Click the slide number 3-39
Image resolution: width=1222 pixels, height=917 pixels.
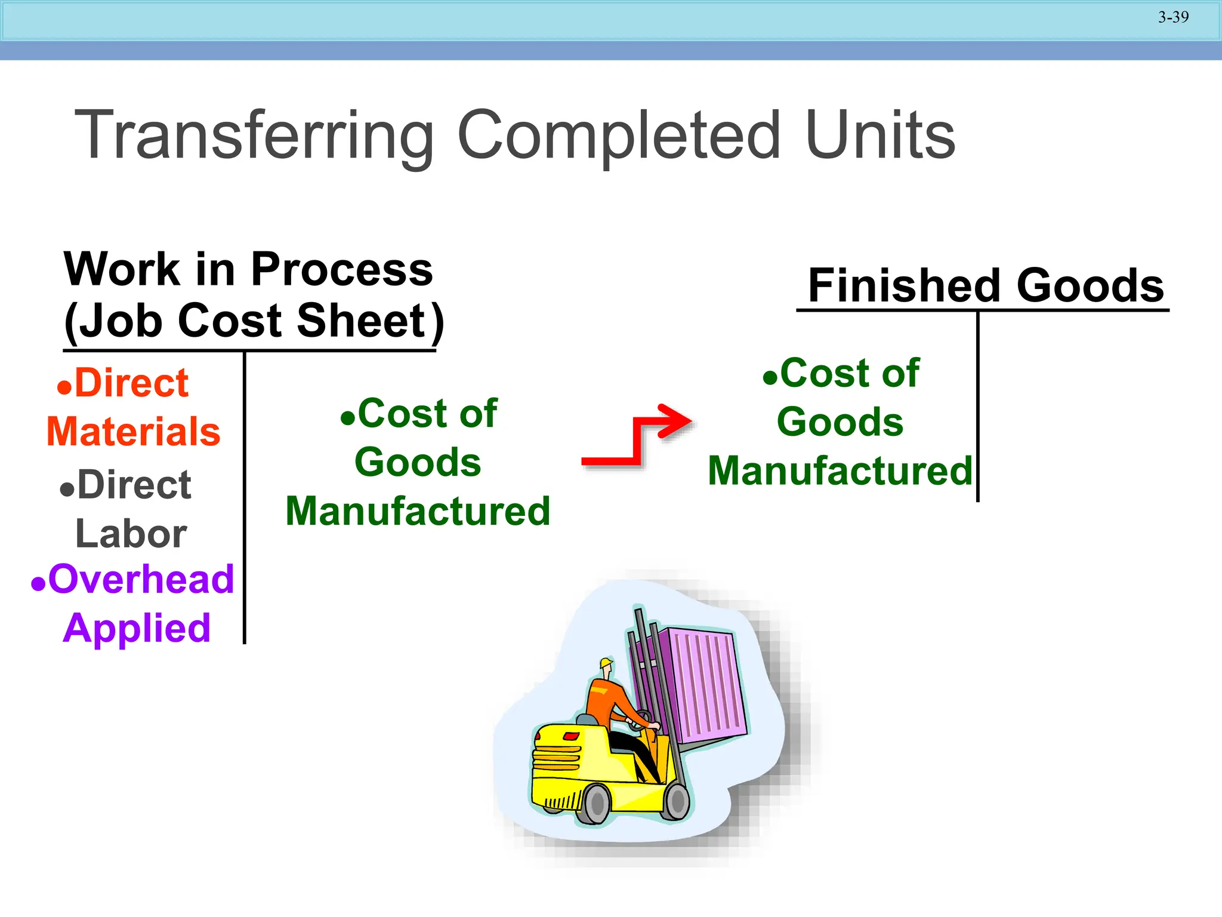point(1173,17)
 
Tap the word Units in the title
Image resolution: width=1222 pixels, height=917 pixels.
point(880,136)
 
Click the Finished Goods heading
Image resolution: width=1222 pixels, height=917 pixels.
point(985,285)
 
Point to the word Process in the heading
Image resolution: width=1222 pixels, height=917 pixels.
point(342,269)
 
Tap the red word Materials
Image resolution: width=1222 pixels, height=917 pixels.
point(134,432)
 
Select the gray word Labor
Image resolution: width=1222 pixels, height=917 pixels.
point(131,534)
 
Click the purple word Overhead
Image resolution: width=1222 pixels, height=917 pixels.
point(141,579)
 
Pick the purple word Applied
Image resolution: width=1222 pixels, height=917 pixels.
point(137,628)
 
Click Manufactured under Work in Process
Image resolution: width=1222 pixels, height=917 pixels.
point(418,512)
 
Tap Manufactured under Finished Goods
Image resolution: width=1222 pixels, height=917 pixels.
point(840,471)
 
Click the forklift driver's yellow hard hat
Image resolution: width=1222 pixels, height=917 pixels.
point(606,663)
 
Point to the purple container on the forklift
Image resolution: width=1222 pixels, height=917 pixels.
point(704,687)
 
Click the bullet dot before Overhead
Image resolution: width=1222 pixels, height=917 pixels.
point(38,583)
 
